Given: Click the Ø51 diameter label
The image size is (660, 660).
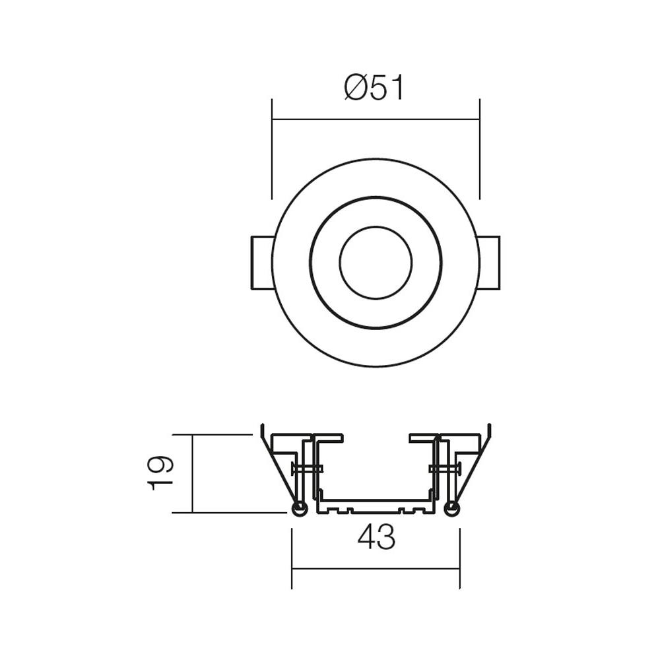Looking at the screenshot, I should pyautogui.click(x=374, y=89).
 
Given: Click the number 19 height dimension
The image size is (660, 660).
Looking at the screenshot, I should pyautogui.click(x=161, y=473).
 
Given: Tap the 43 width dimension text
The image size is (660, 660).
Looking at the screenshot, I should pyautogui.click(x=376, y=538).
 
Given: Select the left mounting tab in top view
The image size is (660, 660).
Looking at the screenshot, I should pyautogui.click(x=261, y=263).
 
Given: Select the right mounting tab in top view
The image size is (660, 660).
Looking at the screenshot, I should pyautogui.click(x=489, y=263).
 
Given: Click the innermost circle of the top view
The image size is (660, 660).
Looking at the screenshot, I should pyautogui.click(x=376, y=263).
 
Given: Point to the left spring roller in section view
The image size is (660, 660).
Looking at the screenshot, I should pyautogui.click(x=299, y=509).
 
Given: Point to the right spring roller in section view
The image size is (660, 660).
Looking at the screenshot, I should pyautogui.click(x=451, y=509).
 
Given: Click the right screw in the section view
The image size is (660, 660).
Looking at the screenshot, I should pyautogui.click(x=444, y=469).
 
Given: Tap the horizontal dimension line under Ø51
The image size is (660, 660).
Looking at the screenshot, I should pyautogui.click(x=376, y=119).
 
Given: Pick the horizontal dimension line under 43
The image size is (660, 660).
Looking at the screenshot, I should pyautogui.click(x=376, y=568).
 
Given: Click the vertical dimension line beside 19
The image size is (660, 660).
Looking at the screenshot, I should pyautogui.click(x=192, y=473).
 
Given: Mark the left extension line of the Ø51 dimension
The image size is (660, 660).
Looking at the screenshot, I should pyautogui.click(x=272, y=148).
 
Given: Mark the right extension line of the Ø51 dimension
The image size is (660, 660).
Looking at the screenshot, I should pyautogui.click(x=479, y=148).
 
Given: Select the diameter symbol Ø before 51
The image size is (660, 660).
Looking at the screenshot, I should pyautogui.click(x=355, y=89).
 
